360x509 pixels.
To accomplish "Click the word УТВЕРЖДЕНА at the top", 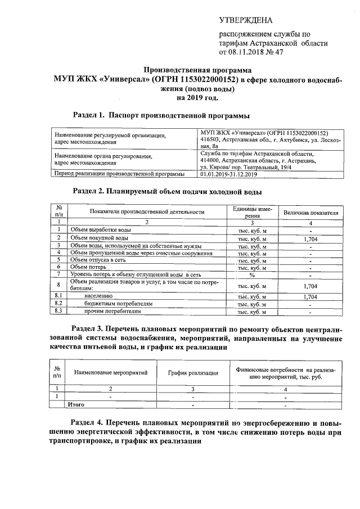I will coord(245,21).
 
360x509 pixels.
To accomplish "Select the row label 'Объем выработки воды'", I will coord(101,230).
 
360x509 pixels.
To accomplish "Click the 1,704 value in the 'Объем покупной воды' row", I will coord(310,238).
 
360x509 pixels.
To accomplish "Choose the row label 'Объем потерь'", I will coord(89,267).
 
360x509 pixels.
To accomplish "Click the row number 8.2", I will coord(58,303).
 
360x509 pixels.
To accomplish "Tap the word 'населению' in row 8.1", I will coord(98,295).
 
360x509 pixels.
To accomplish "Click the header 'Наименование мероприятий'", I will coord(110,372).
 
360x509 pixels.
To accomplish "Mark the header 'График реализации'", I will coord(193,372).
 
